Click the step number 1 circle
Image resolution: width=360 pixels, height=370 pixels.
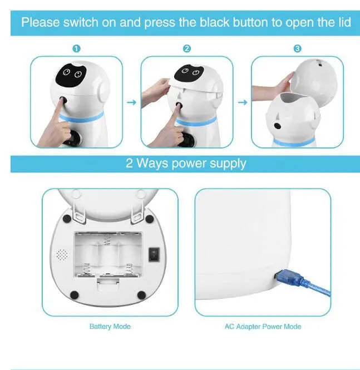(x=76, y=48)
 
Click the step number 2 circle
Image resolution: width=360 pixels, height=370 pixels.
(x=187, y=48)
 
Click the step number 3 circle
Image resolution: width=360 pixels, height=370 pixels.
(x=297, y=48)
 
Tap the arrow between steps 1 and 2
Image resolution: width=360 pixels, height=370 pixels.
(x=132, y=102)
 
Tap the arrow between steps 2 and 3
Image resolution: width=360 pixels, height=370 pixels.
(x=243, y=102)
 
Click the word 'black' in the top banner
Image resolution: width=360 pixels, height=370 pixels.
(x=214, y=22)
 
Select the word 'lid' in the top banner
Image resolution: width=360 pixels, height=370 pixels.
(x=344, y=22)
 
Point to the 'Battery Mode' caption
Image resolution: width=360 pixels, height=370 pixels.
(x=110, y=327)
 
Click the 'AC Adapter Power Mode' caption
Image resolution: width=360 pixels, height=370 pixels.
(x=263, y=327)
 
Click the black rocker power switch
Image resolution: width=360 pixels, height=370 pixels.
(x=154, y=254)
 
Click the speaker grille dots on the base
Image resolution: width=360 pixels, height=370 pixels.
(x=62, y=255)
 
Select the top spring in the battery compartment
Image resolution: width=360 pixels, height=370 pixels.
(x=107, y=239)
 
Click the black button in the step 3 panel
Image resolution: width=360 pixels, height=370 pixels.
(x=278, y=126)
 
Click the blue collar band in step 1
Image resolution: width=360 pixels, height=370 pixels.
(x=81, y=117)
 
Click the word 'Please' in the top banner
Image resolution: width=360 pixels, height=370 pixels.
(x=41, y=22)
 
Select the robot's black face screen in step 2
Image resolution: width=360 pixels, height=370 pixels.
(x=189, y=72)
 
